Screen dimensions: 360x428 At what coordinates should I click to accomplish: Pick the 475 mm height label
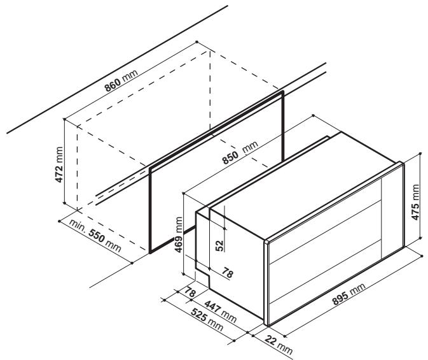pyautogui.click(x=415, y=202)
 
